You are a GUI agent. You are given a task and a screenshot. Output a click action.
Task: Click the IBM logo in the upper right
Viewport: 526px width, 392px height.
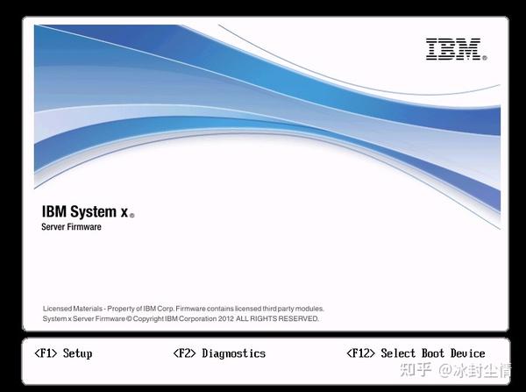click(455, 49)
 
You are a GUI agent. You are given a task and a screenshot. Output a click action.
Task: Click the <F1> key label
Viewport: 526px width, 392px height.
click(46, 353)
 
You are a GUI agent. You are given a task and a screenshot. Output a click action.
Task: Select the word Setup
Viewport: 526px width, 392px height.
click(77, 353)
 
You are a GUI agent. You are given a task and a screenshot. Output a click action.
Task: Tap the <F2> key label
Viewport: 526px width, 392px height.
click(184, 353)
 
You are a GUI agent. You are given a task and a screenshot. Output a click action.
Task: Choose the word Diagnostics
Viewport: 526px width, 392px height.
click(233, 353)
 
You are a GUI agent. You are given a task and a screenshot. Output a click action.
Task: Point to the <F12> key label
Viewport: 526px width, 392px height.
click(361, 353)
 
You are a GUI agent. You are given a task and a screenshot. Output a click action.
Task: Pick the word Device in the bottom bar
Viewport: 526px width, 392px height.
click(467, 353)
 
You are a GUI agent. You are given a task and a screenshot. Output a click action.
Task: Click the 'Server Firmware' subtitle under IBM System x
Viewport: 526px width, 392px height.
click(72, 227)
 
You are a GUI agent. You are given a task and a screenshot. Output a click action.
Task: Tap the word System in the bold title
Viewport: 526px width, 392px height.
click(91, 211)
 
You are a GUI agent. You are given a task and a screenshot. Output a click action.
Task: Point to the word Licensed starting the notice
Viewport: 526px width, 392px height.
click(58, 309)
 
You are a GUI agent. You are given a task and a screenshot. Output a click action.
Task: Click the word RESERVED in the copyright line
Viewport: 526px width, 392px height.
click(300, 319)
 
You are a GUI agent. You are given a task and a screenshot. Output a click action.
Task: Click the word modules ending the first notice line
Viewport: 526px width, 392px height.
click(309, 309)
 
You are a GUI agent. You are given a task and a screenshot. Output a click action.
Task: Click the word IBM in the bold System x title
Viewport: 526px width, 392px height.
click(53, 211)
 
